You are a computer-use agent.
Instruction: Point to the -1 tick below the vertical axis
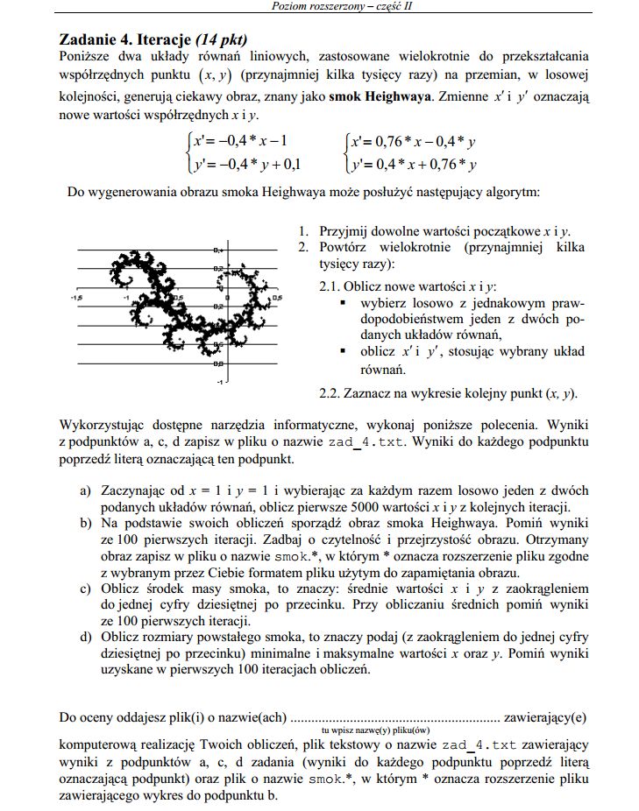coord(222,382)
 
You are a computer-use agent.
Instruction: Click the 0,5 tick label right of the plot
coord(278,298)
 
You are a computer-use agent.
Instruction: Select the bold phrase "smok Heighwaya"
coord(380,95)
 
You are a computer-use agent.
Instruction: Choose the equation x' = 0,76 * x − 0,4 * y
coord(412,140)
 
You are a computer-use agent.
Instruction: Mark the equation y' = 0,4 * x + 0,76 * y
coord(412,163)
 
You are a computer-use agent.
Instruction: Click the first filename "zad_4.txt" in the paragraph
coord(367,442)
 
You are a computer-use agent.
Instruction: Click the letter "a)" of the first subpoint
coord(86,490)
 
